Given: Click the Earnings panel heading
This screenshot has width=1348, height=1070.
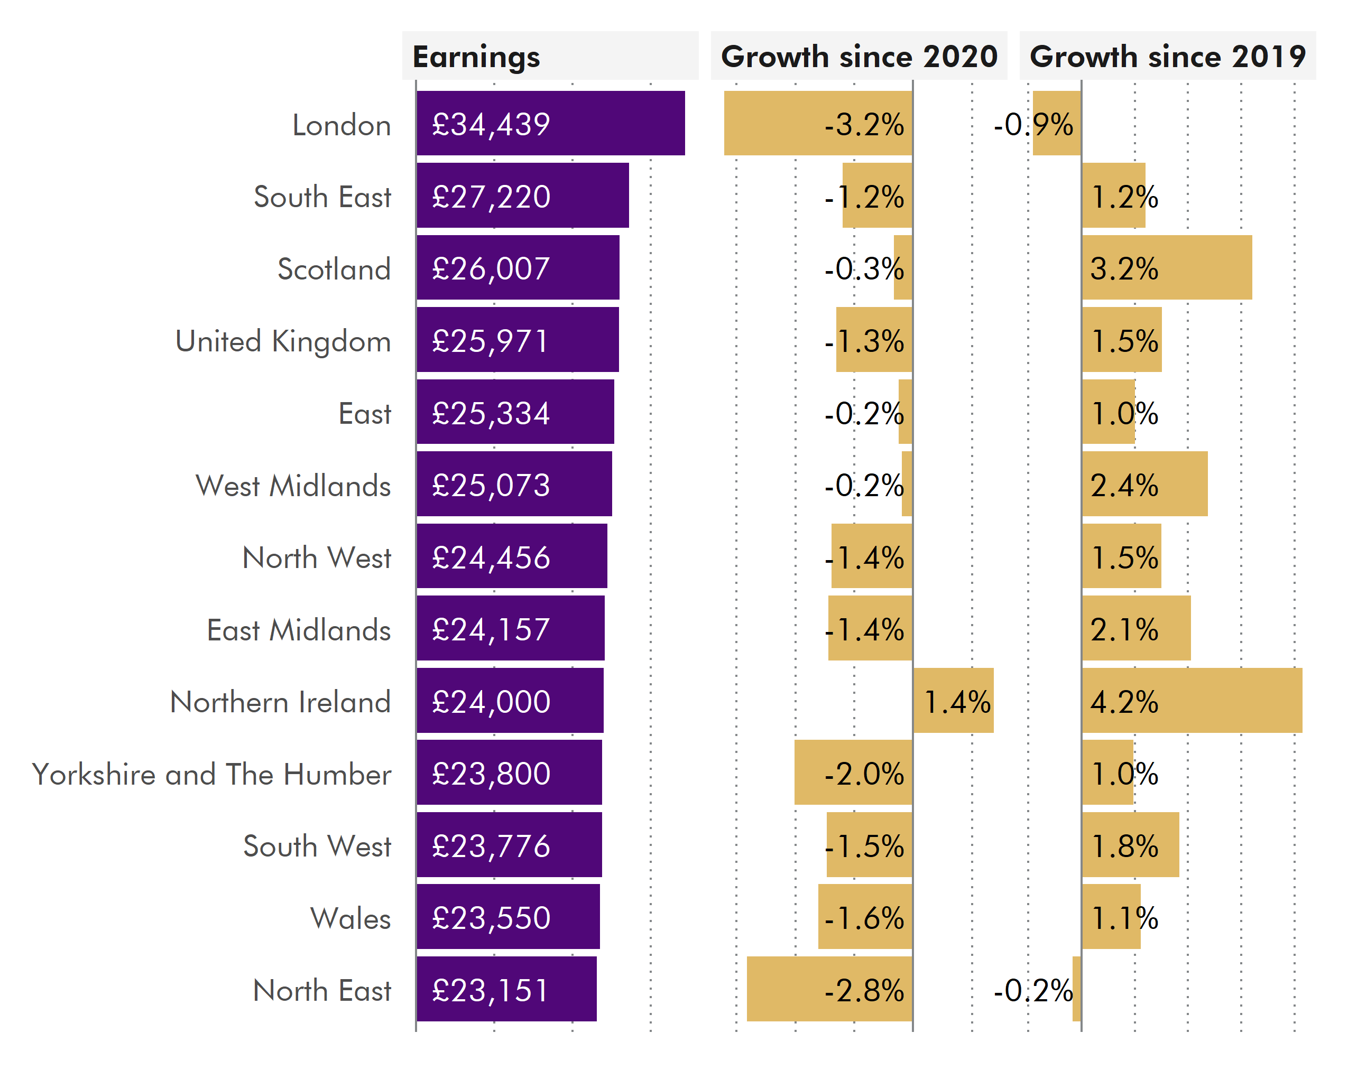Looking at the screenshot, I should [x=476, y=57].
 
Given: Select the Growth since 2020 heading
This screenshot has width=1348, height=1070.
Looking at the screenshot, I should [x=858, y=57].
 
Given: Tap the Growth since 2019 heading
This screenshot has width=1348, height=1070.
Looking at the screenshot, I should [x=1167, y=57].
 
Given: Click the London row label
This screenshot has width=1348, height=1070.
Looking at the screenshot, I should [x=341, y=125].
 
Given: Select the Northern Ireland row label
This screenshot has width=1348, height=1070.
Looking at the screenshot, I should [x=280, y=702].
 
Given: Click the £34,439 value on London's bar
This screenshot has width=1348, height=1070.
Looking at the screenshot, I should [x=491, y=124].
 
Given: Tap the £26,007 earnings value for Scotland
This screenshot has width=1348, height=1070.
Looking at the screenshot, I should [x=491, y=269].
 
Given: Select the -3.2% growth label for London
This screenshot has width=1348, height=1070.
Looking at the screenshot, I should [x=864, y=124].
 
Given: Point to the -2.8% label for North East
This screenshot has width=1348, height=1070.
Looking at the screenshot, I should [x=864, y=990].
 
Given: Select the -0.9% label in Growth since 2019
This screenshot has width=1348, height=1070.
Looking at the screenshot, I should [x=1033, y=124].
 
